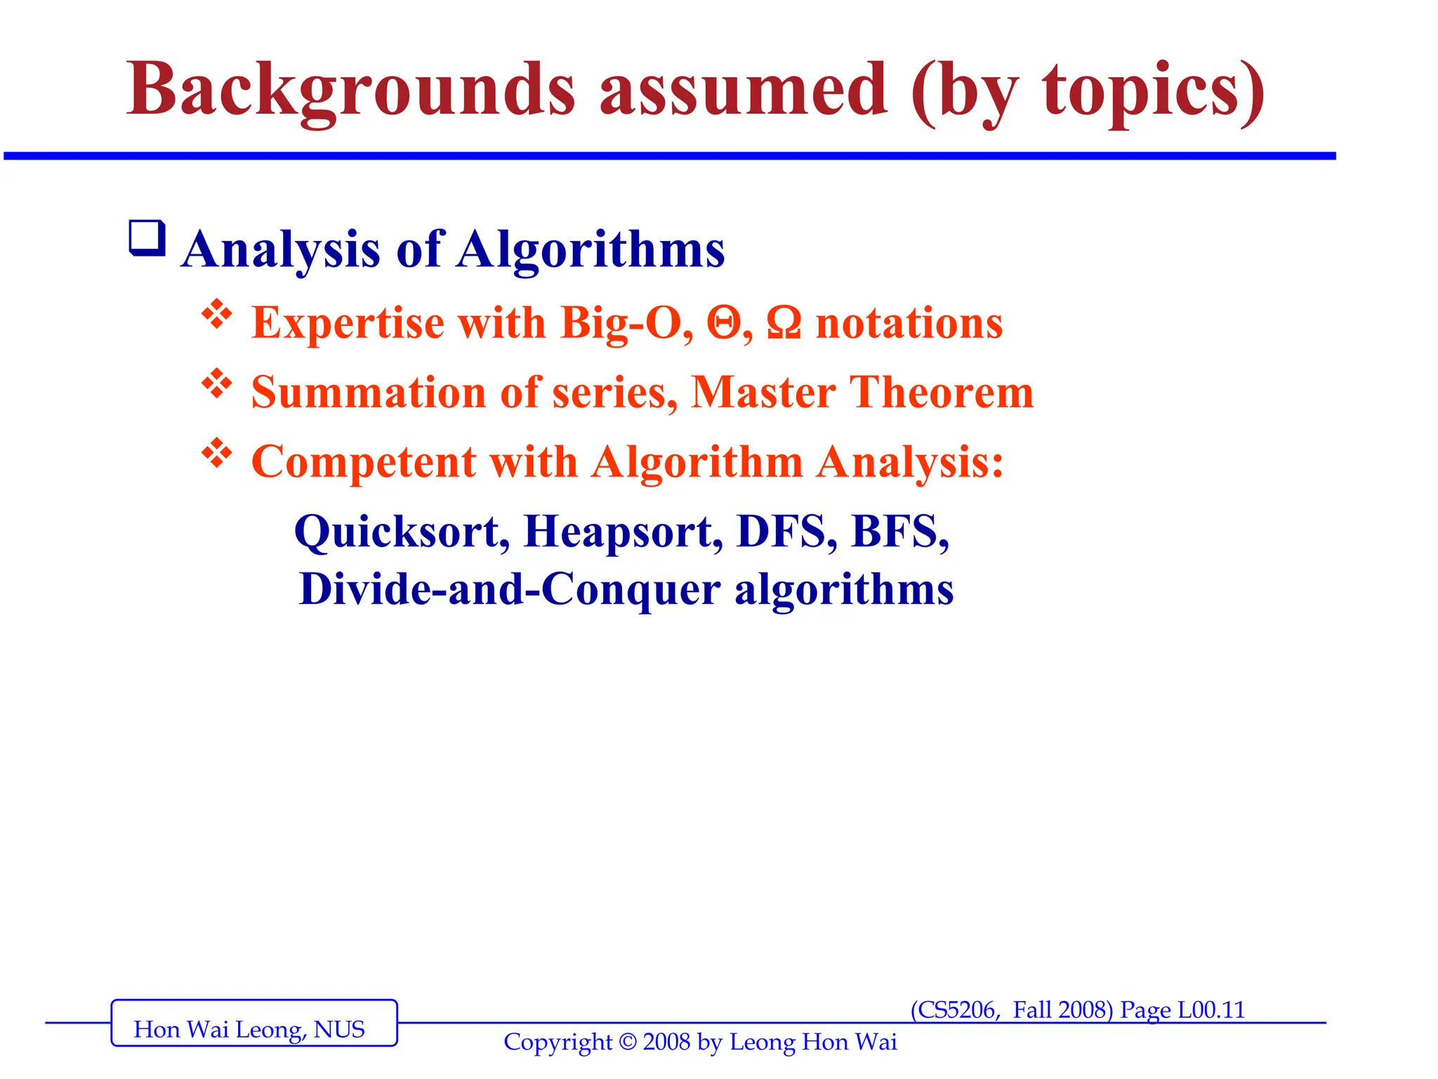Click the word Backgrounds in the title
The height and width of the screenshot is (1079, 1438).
point(351,91)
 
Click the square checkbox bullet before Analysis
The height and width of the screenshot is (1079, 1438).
point(147,238)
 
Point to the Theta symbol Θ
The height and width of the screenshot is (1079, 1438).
point(724,324)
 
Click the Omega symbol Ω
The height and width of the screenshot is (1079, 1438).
point(784,324)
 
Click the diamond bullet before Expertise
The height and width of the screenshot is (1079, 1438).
point(217,315)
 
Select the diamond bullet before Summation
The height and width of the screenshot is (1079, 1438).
point(217,384)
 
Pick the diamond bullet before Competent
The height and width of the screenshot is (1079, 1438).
point(217,453)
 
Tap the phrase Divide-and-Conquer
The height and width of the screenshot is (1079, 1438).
point(510,589)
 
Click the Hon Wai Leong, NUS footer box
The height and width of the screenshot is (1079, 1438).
point(254,1023)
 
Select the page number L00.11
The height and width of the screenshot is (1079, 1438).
point(1211,1010)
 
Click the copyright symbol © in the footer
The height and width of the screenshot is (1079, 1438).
point(628,1042)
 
